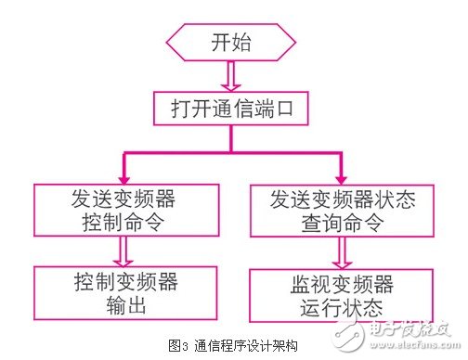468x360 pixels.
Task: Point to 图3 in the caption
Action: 178,342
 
